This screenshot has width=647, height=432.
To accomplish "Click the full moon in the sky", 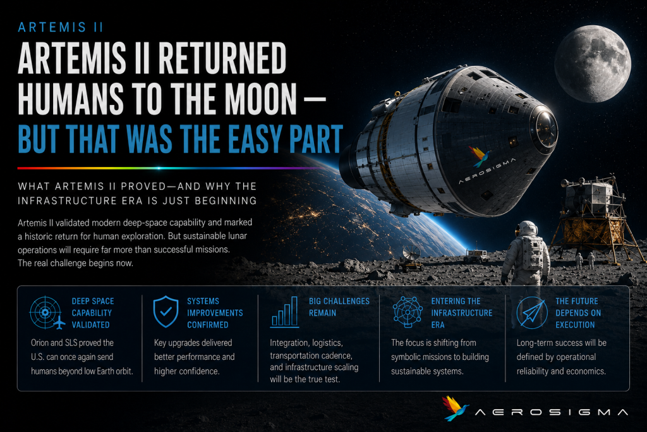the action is pos(593,64).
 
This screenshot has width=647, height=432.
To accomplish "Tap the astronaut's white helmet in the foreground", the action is pos(528,228).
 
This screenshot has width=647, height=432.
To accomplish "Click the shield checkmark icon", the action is pos(166,311).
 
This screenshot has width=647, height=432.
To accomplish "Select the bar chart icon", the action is pos(284,312).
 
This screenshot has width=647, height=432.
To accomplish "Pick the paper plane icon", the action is pos(532,312).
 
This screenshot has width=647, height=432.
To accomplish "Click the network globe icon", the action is pos(408,312).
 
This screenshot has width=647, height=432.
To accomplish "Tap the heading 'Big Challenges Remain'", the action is pos(339,307).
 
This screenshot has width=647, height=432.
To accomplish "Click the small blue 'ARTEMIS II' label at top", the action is pos(61,27).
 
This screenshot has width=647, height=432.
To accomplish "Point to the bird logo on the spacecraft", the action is pos(480,156).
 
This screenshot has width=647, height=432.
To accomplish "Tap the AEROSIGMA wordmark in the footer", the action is pos(552,412).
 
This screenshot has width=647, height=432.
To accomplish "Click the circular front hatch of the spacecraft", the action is pos(545,126).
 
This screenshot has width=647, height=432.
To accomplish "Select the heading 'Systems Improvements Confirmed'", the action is pos(215,312).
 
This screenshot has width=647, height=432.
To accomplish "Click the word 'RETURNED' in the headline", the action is pos(222,58).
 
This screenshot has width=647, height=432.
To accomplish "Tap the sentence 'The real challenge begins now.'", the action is pos(75,263).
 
